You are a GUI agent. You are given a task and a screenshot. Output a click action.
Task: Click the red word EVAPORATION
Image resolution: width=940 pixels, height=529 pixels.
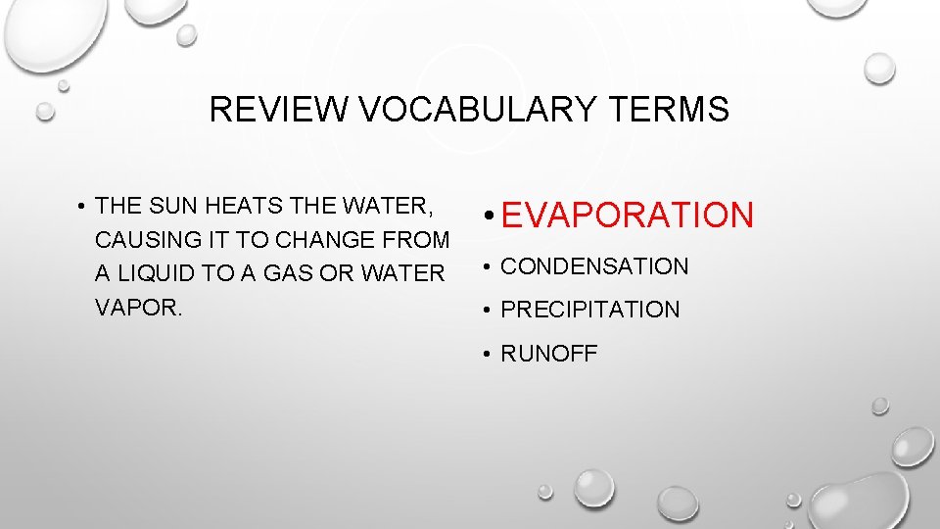point(628,216)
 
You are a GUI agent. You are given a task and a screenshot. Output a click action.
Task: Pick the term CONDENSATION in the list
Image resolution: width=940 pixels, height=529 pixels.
point(594,266)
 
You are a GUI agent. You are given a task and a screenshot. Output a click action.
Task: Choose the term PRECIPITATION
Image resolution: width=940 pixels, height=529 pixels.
point(589,310)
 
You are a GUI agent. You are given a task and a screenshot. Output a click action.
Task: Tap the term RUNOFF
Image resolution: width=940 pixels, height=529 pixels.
point(548,354)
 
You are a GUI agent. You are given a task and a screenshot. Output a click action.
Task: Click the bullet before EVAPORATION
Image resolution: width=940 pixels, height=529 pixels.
point(488,216)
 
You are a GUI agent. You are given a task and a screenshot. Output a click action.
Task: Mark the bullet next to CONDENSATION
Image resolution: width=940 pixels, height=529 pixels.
point(487,266)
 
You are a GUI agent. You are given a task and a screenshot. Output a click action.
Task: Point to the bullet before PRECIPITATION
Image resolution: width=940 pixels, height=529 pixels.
point(487,311)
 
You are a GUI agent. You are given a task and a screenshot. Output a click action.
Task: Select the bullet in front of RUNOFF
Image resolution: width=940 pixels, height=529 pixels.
point(487,354)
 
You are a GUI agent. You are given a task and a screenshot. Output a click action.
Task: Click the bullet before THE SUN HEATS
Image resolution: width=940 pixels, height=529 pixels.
point(83,206)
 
